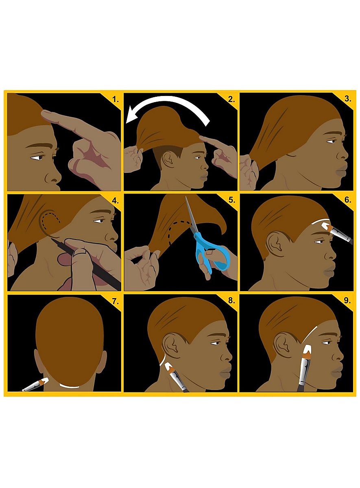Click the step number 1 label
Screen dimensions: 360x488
[x=116, y=100]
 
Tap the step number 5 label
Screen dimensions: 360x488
[x=232, y=200]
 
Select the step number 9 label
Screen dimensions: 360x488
[x=347, y=301]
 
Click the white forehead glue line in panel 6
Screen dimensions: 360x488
[x=321, y=220]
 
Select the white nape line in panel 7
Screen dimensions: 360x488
[x=70, y=386]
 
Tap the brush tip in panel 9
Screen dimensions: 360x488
[x=308, y=349]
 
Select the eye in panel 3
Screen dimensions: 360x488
[x=331, y=142]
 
